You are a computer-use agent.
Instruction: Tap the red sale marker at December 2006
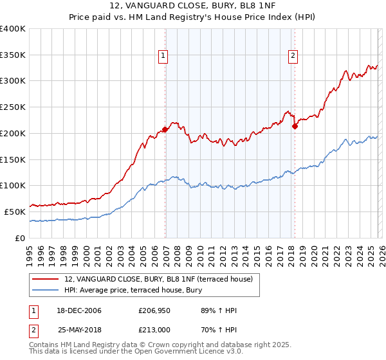pos(165,129)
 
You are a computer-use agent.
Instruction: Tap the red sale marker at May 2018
pos(295,126)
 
